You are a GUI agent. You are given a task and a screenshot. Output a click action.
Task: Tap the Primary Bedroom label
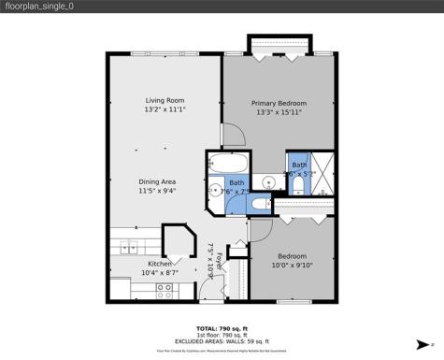(x=279, y=103)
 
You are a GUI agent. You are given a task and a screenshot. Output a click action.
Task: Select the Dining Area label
(x=157, y=180)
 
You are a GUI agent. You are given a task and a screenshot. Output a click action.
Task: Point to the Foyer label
(x=221, y=260)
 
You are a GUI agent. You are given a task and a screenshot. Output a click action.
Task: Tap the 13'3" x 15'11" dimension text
(x=279, y=113)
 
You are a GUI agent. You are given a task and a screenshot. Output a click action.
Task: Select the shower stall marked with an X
(x=318, y=174)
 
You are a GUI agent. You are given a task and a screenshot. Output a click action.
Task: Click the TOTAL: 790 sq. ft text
(x=222, y=327)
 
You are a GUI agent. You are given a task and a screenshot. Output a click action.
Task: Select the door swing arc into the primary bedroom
(x=232, y=137)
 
